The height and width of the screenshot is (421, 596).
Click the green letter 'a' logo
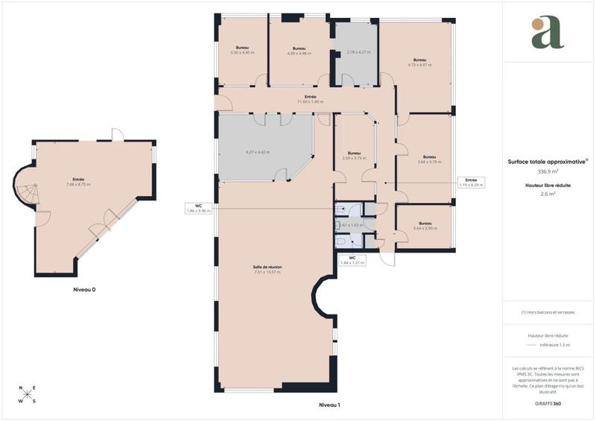(x=548, y=33)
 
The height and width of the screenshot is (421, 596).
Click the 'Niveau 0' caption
(x=84, y=289)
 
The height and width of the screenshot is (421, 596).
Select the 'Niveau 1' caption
(x=329, y=405)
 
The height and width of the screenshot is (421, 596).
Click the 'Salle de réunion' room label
(x=267, y=269)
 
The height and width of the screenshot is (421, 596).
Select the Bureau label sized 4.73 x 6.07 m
(x=420, y=63)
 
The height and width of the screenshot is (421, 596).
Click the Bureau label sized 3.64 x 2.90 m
(x=425, y=226)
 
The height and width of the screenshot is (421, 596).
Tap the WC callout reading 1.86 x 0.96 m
(x=199, y=208)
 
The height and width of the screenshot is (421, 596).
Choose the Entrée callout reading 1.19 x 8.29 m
(x=471, y=182)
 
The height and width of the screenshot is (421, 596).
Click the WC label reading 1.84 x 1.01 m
(x=352, y=260)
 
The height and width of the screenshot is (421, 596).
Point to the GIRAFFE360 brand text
(x=548, y=402)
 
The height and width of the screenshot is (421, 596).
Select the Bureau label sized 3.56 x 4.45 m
(x=242, y=50)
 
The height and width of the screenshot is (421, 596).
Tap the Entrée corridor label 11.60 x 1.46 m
(x=310, y=99)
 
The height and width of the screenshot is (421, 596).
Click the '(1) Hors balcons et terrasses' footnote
(x=548, y=312)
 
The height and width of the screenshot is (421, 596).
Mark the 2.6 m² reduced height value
(x=548, y=194)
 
